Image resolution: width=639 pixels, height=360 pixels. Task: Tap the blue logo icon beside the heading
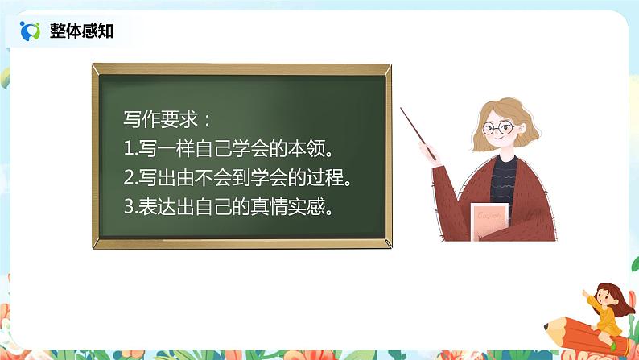pyautogui.click(x=30, y=31)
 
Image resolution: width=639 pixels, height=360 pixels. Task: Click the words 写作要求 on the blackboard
pyautogui.click(x=161, y=120)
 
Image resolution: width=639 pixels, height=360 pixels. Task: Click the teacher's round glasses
pyautogui.click(x=497, y=126)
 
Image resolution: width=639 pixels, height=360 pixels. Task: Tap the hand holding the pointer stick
pyautogui.click(x=435, y=155)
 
